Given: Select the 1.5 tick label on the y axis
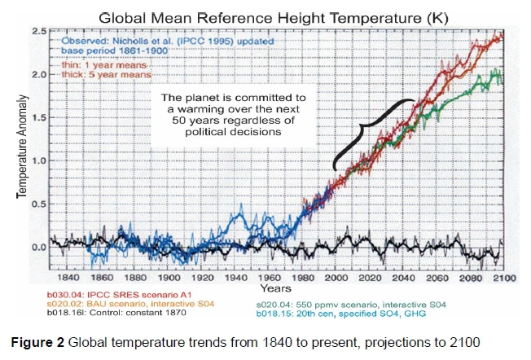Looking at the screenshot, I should click(x=37, y=117).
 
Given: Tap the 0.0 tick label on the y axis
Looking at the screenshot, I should click(x=37, y=247).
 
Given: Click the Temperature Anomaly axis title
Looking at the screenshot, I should click(x=24, y=147).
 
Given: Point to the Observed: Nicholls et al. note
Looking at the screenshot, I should click(x=138, y=39).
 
